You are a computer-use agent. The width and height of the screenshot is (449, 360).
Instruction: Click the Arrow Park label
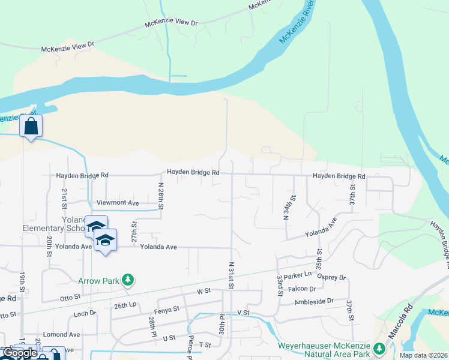99,280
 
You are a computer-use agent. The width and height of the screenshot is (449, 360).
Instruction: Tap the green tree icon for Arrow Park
127,280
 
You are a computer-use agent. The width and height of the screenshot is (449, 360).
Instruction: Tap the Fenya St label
167,309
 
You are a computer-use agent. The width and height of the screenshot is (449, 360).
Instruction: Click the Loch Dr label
85,313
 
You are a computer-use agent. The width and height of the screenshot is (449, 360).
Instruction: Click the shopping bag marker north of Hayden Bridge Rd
31,127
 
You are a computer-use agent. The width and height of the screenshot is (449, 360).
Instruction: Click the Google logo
20,353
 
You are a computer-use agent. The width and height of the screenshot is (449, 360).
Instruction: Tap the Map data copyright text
423,355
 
